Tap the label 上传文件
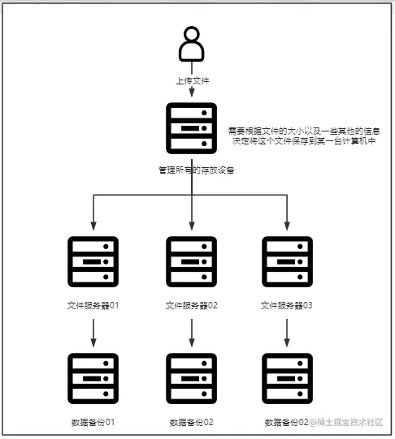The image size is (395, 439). tap(192, 82)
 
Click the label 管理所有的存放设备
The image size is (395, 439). tap(192, 171)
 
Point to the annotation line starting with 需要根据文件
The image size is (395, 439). tap(305, 130)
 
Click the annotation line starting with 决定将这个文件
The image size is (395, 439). tap(305, 140)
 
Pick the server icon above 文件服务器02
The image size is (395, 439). tap(192, 262)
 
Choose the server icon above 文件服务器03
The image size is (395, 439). tap(288, 262)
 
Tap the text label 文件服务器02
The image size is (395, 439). tap(192, 306)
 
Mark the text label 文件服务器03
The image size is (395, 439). tap(288, 306)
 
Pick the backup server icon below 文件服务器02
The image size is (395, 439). tap(192, 379)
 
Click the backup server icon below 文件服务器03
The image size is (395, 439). tap(288, 379)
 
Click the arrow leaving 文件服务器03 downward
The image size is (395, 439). tap(288, 331)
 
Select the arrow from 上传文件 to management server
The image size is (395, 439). tap(192, 94)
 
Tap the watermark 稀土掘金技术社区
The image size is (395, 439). tap(350, 422)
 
